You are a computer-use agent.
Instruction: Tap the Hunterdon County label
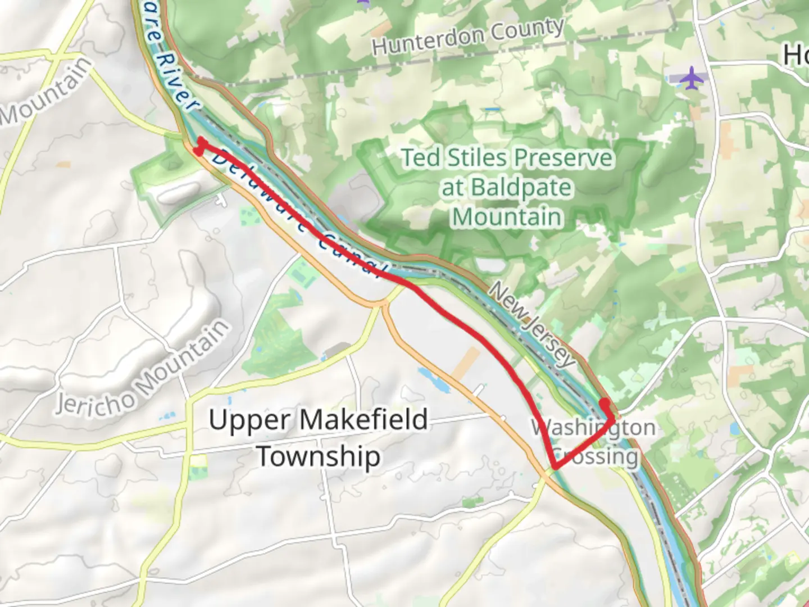468,35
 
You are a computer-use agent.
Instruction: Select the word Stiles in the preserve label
476,158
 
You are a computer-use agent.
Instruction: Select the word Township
319,456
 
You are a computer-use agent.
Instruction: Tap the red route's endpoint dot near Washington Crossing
605,403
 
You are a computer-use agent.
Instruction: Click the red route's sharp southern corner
555,466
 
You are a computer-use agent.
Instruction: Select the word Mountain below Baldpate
507,217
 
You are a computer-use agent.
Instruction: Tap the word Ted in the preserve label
421,158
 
